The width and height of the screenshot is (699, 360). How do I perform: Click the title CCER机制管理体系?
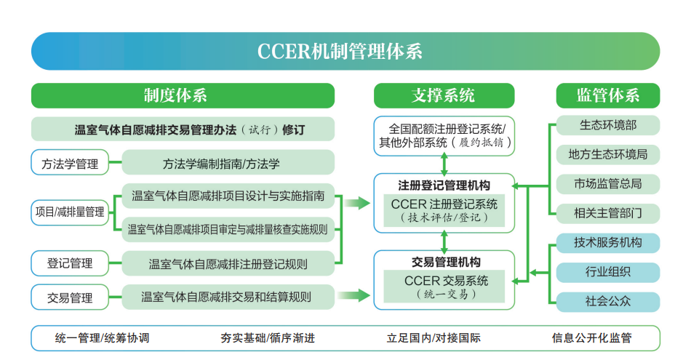point(340,51)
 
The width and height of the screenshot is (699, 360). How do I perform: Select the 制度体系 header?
point(183,95)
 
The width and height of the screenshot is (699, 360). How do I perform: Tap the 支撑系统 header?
point(444,95)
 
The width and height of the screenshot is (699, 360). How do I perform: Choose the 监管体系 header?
point(608,95)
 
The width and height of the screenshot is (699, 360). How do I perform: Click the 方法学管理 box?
point(70,163)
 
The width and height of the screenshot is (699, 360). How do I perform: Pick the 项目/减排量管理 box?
point(70,212)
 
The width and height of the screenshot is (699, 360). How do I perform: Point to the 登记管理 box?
point(70,263)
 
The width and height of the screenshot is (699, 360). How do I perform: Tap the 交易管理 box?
point(70,297)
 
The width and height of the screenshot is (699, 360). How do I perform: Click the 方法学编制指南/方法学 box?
point(228,163)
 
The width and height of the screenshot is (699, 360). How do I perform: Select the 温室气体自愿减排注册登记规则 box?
point(228,263)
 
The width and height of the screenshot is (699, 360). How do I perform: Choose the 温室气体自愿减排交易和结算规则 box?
point(228,297)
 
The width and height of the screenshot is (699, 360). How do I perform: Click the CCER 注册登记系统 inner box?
point(444,210)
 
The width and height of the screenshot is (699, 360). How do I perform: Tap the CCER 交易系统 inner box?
point(444,287)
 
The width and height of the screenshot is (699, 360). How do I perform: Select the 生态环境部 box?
point(608,126)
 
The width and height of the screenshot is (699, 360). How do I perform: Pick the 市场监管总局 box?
point(608,184)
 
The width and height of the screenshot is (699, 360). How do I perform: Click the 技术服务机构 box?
point(608,243)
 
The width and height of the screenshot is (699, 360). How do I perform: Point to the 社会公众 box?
point(608,302)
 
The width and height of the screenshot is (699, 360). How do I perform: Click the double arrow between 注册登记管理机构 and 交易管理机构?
point(444,241)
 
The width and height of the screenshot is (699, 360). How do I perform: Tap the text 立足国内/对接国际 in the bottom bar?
point(434,338)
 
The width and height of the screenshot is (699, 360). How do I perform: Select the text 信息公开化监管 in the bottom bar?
point(591,338)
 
